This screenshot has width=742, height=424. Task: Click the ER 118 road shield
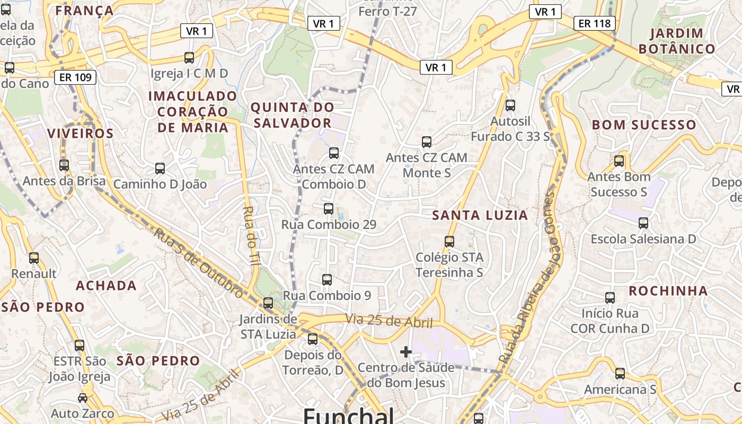tap(595, 23)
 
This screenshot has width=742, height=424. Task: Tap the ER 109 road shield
tap(75, 77)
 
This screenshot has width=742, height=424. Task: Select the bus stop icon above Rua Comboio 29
tap(329, 209)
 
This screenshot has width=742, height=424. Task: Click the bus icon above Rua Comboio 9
tap(327, 280)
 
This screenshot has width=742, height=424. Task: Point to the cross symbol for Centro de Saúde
tap(406, 351)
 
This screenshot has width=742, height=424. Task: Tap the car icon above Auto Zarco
tap(83, 397)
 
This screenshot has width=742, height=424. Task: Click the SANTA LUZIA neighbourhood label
tap(480, 215)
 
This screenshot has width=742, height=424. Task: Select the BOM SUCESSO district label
tap(644, 125)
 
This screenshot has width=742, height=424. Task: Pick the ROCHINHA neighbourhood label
tap(668, 291)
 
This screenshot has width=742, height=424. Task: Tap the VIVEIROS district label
tap(81, 134)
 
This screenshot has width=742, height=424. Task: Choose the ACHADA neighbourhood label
tap(107, 286)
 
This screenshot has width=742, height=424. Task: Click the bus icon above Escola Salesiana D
tap(643, 223)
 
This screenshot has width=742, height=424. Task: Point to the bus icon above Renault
tap(34, 258)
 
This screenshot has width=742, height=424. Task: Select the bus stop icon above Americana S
tap(620, 374)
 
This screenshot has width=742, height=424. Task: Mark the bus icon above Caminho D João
tap(160, 169)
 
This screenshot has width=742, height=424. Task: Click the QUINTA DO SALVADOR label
tap(292, 115)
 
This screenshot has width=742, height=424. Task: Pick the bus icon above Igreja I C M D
tap(189, 57)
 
